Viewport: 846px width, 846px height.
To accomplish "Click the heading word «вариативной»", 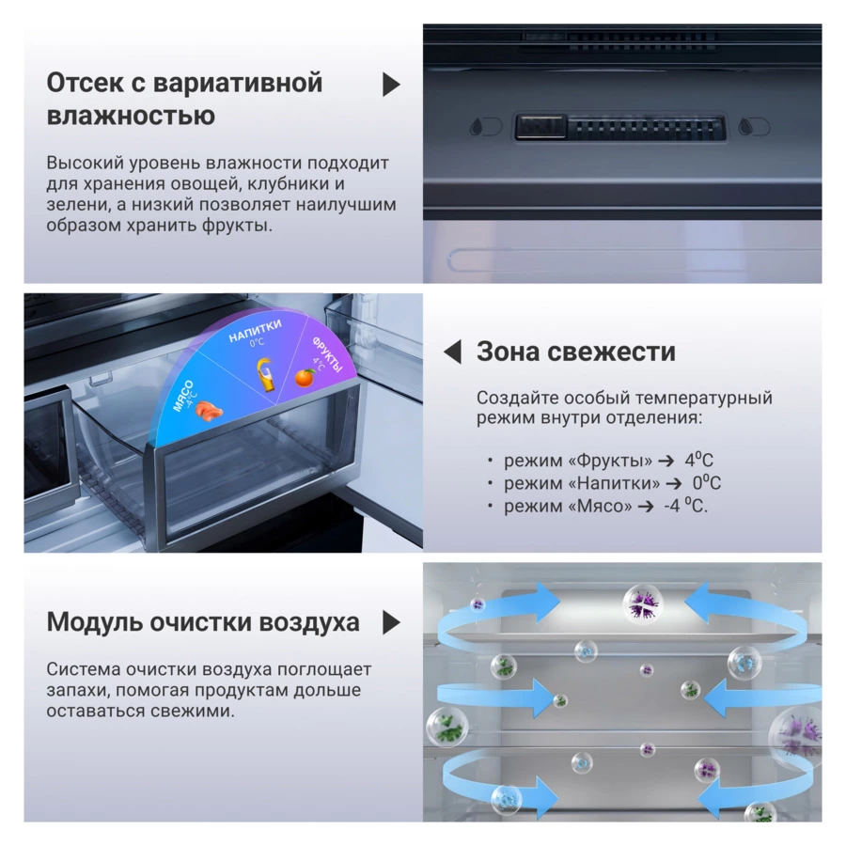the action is click(x=238, y=83).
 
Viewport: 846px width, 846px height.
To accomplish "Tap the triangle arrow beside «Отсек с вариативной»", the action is click(x=391, y=85).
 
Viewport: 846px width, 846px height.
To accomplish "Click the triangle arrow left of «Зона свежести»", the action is click(x=452, y=352).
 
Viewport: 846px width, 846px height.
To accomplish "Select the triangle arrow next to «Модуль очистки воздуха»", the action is click(x=391, y=622).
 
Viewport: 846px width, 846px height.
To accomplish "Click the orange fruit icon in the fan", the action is click(x=305, y=378).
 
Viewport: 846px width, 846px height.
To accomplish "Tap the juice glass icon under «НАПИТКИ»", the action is click(x=266, y=374).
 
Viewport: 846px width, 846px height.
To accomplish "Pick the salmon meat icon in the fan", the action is click(x=209, y=411).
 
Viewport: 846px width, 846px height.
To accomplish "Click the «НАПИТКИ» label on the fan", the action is click(x=255, y=331).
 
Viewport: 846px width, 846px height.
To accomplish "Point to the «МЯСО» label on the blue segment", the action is click(x=183, y=396).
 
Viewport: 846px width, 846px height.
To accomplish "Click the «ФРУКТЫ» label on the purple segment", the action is click(x=327, y=354).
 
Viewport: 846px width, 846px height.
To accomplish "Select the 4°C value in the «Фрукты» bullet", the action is click(x=698, y=460).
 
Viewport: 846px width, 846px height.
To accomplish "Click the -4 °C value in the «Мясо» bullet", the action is click(x=685, y=505).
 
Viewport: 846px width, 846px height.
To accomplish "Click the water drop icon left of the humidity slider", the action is click(x=478, y=127).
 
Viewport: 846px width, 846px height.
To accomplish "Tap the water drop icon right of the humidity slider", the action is click(x=746, y=127).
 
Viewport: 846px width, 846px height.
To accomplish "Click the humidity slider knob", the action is click(x=540, y=127).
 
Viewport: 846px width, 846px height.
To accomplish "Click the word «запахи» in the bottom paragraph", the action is click(x=76, y=690).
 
